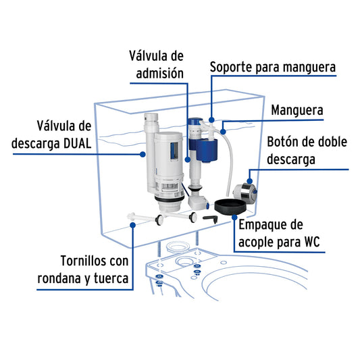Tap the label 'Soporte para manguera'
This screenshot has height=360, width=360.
pos(272,68)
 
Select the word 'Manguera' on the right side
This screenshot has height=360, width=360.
pos(297,109)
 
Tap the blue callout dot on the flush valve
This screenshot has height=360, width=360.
pos(143,154)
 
